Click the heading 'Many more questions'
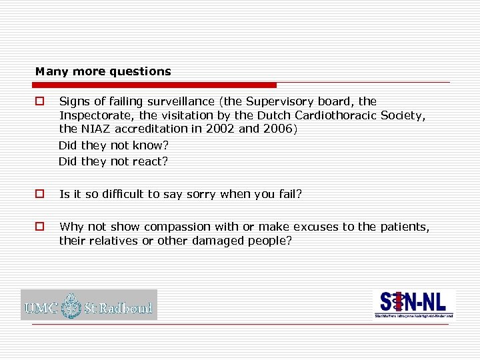click(103, 71)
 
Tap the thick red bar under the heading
click(156, 85)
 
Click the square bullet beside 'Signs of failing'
click(40, 102)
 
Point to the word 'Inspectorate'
click(91, 115)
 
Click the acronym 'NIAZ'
click(95, 129)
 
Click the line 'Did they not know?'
click(113, 145)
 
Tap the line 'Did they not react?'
click(113, 161)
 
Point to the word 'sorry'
click(199, 194)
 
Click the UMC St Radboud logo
click(89, 305)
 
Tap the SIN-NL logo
click(414, 305)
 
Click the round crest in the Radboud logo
click(70, 305)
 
